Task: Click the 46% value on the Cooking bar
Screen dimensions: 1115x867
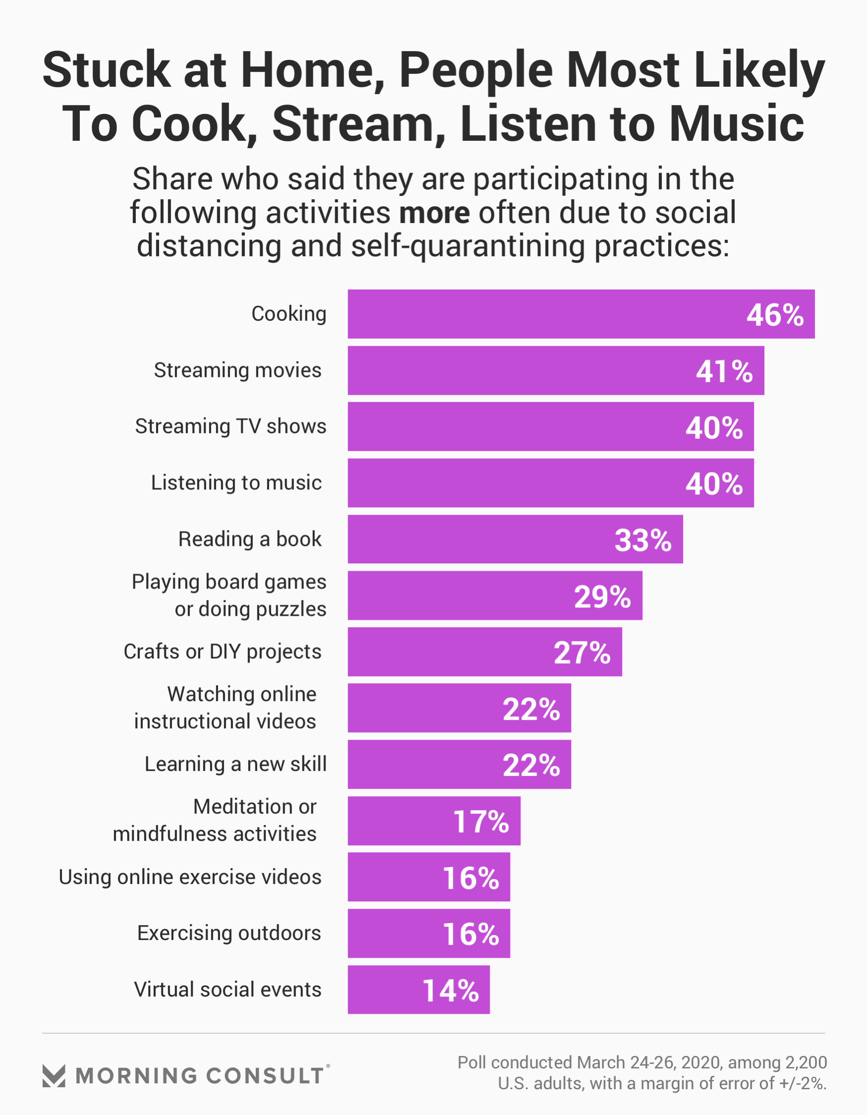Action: click(775, 315)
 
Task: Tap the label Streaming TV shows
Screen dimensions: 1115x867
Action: click(231, 426)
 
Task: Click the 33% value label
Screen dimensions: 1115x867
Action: click(643, 540)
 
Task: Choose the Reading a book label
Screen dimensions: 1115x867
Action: click(250, 539)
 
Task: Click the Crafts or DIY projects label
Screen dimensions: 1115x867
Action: click(223, 651)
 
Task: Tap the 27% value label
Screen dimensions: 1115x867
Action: click(581, 653)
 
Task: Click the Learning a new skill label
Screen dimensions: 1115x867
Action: click(235, 764)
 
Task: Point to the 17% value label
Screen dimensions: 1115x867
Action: click(480, 822)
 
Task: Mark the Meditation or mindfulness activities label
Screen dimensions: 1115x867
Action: click(215, 820)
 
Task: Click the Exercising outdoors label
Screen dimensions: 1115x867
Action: click(229, 933)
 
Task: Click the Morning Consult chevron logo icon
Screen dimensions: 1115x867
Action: click(54, 1076)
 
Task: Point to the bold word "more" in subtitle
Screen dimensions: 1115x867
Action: click(434, 212)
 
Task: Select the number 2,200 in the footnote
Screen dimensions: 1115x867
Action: click(806, 1062)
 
